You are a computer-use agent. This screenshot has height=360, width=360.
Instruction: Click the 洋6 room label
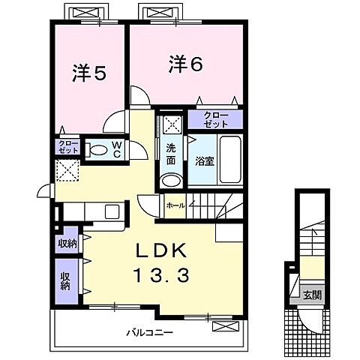[185, 64]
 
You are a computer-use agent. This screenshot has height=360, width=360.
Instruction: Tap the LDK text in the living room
[164, 251]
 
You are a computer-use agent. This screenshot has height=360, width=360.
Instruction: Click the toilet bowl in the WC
[96, 150]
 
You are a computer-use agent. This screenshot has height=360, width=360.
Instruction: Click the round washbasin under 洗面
[171, 181]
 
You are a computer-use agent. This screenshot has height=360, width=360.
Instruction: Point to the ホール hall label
[175, 205]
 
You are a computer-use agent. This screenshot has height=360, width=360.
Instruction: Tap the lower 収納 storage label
[66, 280]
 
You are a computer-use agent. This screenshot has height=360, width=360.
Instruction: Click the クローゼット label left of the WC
[66, 146]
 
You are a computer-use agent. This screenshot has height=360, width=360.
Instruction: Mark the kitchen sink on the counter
[111, 211]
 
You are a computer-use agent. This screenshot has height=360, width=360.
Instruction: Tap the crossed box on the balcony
[224, 325]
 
